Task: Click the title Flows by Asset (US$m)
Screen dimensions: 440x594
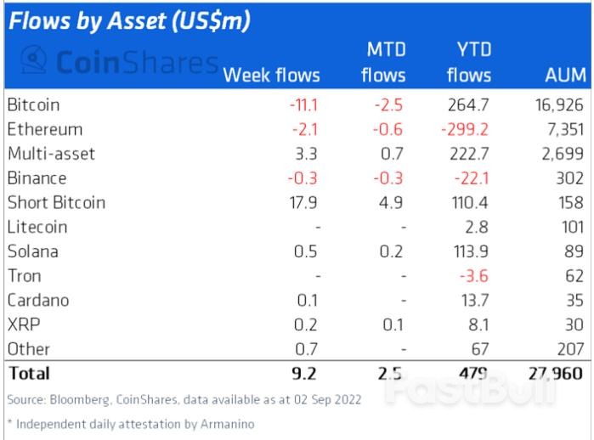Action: pos(128,21)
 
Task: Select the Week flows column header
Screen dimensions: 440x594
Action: pos(271,75)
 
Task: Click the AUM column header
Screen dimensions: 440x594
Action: pos(565,75)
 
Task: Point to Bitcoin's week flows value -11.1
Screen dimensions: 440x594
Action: pos(303,105)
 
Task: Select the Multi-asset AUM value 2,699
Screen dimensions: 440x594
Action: pos(563,154)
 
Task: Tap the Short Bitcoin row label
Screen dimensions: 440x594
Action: pos(56,202)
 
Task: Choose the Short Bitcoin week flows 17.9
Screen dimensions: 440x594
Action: pos(305,202)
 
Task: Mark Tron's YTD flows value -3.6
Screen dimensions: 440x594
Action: pos(476,276)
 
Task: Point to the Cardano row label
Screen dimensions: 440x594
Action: pos(37,300)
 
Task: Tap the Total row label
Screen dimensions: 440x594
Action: pos(28,373)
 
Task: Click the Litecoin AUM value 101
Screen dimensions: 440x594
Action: pos(570,227)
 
